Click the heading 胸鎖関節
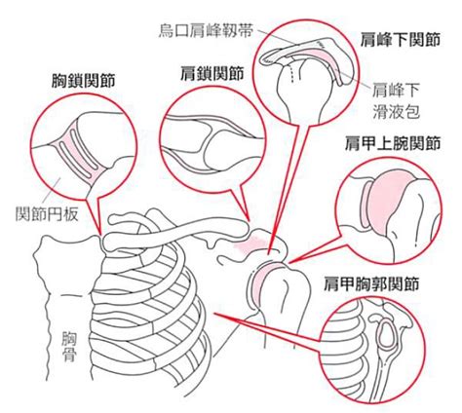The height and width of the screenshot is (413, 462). tap(84, 81)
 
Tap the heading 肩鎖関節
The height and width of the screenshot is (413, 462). tap(212, 73)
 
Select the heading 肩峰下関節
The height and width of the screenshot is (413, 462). tap(401, 40)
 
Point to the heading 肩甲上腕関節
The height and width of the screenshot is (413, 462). tap(393, 143)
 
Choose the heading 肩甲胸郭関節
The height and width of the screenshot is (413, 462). tap(371, 283)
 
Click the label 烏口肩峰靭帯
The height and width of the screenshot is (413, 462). tap(206, 31)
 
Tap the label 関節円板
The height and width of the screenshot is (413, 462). tap(47, 214)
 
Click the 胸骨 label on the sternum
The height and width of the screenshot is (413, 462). tap(69, 346)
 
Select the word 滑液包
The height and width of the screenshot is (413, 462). tap(396, 112)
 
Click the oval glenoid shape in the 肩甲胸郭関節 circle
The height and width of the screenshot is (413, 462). tap(388, 335)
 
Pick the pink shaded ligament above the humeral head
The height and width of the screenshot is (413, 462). tap(250, 244)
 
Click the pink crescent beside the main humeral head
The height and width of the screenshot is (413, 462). tap(260, 280)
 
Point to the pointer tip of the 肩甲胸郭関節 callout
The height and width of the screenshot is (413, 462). tap(213, 314)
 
